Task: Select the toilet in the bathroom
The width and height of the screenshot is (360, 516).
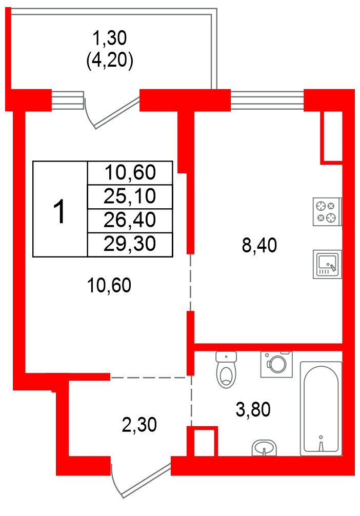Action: click(x=226, y=370)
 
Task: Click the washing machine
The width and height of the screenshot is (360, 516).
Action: click(x=276, y=364)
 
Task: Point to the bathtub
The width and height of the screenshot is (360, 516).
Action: click(x=321, y=408)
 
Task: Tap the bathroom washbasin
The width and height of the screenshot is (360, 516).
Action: click(x=265, y=448)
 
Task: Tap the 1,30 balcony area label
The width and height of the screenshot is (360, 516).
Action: click(x=109, y=37)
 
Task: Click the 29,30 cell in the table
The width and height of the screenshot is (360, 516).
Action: click(x=130, y=244)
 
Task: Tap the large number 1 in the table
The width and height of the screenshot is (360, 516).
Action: click(x=60, y=211)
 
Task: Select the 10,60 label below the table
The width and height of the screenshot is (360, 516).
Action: click(x=109, y=285)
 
